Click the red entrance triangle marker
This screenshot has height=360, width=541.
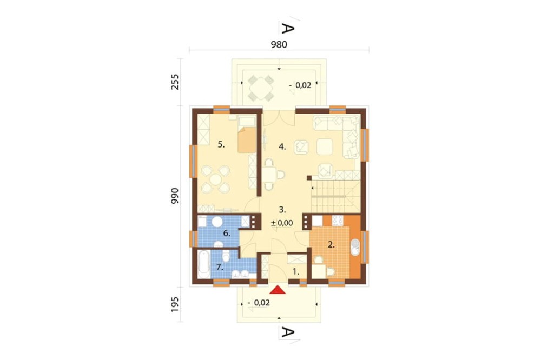pyautogui.click(x=278, y=290)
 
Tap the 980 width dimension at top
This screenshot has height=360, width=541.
pyautogui.click(x=279, y=44)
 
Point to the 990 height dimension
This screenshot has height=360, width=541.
pyautogui.click(x=175, y=196)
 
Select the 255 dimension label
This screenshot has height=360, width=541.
pyautogui.click(x=175, y=82)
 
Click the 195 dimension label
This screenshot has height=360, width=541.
pyautogui.click(x=175, y=304)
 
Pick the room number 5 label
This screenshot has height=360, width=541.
pyautogui.click(x=221, y=145)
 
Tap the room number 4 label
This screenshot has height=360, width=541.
pyautogui.click(x=282, y=147)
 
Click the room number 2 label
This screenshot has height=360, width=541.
pyautogui.click(x=331, y=245)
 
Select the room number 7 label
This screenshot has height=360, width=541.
pyautogui.click(x=220, y=267)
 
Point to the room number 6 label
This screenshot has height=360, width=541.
pyautogui.click(x=227, y=234)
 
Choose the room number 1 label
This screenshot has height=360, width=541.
pyautogui.click(x=296, y=272)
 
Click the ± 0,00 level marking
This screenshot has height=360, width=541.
pyautogui.click(x=282, y=223)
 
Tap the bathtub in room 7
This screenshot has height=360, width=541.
pyautogui.click(x=203, y=264)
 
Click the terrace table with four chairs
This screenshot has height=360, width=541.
pyautogui.click(x=261, y=88)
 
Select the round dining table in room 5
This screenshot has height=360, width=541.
pyautogui.click(x=216, y=179)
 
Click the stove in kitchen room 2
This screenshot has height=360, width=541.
pyautogui.click(x=338, y=219)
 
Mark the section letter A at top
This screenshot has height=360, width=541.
pyautogui.click(x=288, y=28)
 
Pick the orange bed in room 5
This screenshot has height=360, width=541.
pyautogui.click(x=247, y=139)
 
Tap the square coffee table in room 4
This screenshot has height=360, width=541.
pyautogui.click(x=325, y=146)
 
